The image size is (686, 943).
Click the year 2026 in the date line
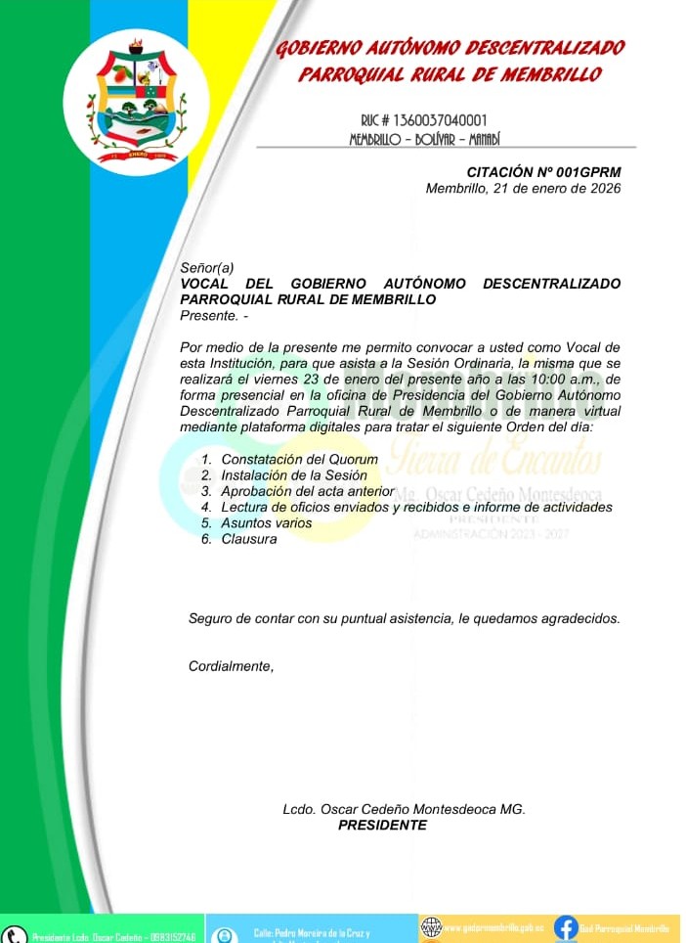point(603,189)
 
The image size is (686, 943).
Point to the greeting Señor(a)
point(207,268)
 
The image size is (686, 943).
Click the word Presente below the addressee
point(208,315)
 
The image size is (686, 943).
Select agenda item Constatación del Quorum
point(299,460)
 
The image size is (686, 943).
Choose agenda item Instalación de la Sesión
point(294,475)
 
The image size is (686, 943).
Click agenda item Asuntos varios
point(267,523)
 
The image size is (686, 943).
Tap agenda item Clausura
point(249,539)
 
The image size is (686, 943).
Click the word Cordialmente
point(230,667)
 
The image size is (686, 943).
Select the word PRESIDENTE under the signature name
point(382,826)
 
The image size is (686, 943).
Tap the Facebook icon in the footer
point(565,927)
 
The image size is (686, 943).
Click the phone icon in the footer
point(14,934)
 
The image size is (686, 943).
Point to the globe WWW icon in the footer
point(431,926)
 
